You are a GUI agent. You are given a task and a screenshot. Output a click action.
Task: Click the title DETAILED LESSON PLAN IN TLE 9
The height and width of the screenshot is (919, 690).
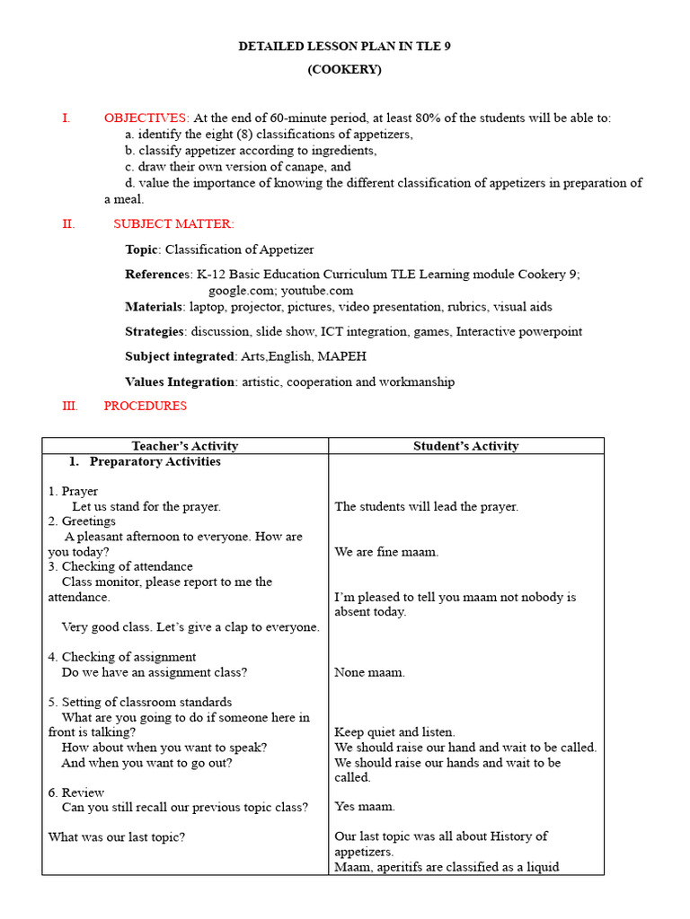point(344,46)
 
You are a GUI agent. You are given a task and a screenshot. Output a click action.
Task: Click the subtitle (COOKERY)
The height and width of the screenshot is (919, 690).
point(345,69)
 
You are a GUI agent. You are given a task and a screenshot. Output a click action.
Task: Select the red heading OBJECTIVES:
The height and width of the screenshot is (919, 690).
point(146,118)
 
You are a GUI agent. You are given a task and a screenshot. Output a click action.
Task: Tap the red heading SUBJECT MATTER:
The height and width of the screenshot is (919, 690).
point(173,223)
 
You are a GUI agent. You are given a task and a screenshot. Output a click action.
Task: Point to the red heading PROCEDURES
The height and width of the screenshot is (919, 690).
point(146,406)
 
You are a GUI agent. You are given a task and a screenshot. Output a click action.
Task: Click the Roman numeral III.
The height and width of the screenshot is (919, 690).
point(70,406)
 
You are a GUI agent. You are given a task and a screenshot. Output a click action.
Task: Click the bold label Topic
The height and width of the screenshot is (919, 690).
point(142,249)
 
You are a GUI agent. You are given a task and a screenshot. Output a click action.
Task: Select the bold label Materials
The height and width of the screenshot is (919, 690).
point(154,307)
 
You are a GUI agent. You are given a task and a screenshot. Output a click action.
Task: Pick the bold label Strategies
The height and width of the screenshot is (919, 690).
point(155,331)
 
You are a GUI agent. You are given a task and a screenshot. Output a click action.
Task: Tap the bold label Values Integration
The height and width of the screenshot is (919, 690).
point(180,381)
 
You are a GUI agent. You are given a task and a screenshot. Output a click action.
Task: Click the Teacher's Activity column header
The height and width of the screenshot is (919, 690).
point(185,446)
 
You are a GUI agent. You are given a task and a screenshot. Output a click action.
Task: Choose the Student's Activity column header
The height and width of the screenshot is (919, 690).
point(465,446)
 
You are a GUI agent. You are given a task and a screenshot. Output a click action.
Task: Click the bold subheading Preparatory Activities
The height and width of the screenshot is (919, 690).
point(155,461)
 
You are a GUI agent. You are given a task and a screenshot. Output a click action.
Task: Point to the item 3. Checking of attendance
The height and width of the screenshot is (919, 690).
point(120,566)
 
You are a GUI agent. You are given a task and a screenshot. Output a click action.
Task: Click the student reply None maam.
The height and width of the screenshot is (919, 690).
point(369,672)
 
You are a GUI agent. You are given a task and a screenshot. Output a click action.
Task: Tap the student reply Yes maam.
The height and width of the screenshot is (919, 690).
point(365,807)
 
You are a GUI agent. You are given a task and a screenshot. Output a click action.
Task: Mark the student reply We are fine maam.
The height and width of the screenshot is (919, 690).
point(386,552)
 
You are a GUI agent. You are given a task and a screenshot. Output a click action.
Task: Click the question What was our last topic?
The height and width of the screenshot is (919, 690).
point(116,836)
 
